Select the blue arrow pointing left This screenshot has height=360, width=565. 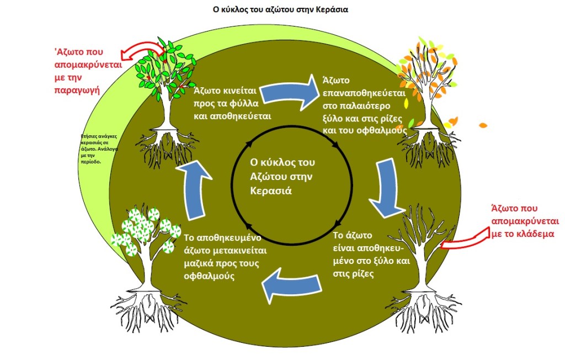[x=292, y=284]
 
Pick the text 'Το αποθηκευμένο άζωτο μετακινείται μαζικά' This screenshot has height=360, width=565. [x=223, y=257]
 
